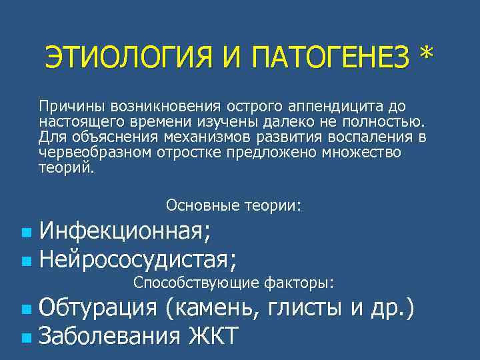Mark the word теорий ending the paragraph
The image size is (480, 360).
pyautogui.click(x=67, y=168)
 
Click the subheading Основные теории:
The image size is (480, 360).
pyautogui.click(x=233, y=206)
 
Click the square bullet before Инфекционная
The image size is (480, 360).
pyautogui.click(x=25, y=234)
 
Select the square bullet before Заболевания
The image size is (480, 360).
pyautogui.click(x=25, y=337)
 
